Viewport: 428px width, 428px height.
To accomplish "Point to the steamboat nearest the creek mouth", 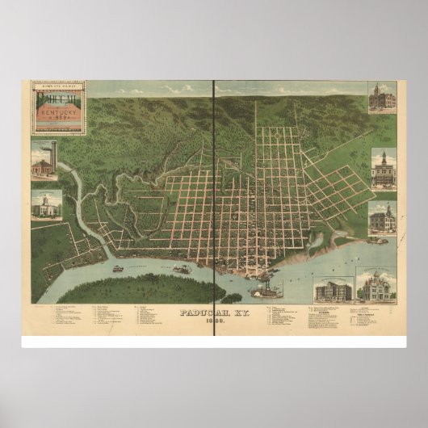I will click(118, 267).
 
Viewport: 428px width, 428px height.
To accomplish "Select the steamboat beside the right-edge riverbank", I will click(376, 240).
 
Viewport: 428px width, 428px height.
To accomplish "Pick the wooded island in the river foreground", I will click(162, 287).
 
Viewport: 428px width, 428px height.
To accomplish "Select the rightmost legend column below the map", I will click(355, 318).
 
